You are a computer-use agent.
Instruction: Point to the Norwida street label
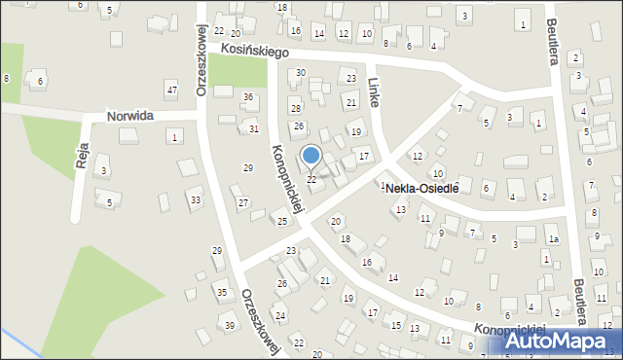(x=131, y=116)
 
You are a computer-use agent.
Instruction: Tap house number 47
(x=171, y=90)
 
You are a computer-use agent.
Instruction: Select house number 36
(x=248, y=96)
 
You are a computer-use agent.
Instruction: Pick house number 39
(x=230, y=325)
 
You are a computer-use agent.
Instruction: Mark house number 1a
(x=553, y=239)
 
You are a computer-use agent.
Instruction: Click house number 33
(x=196, y=200)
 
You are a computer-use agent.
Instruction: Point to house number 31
(x=253, y=129)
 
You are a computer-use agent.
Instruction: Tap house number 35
(x=222, y=292)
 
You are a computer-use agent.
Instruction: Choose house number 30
(x=301, y=73)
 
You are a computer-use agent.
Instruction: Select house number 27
(x=242, y=202)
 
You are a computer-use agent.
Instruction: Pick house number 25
(x=281, y=222)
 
